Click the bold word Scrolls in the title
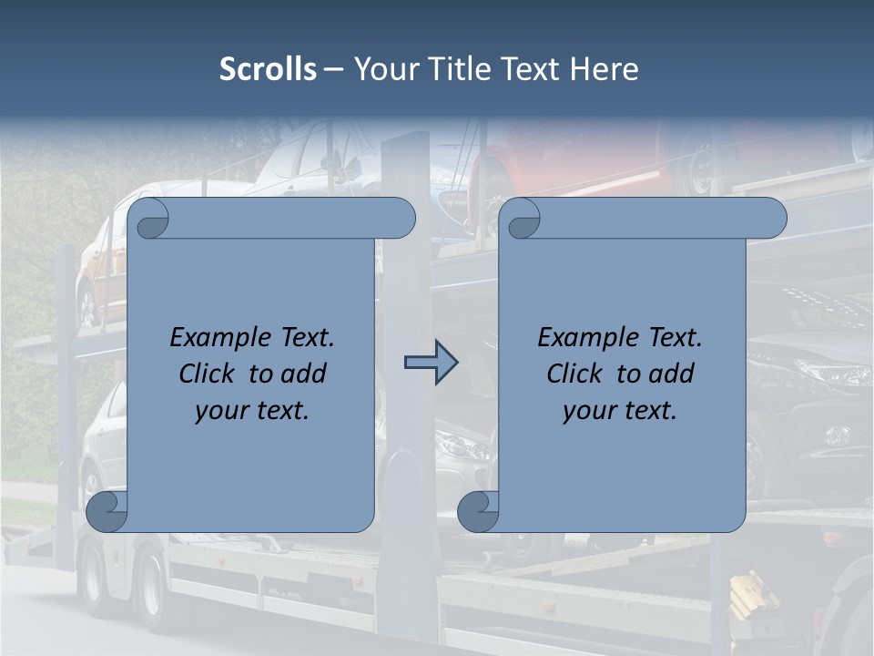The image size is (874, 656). click(x=268, y=69)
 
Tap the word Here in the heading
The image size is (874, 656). click(x=605, y=69)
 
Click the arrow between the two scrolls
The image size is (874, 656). click(x=431, y=363)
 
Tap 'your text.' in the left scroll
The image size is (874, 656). click(x=252, y=411)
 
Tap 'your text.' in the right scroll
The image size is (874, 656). click(x=620, y=411)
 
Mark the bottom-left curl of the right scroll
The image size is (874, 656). click(x=479, y=512)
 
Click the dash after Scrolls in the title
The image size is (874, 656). click(x=333, y=69)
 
